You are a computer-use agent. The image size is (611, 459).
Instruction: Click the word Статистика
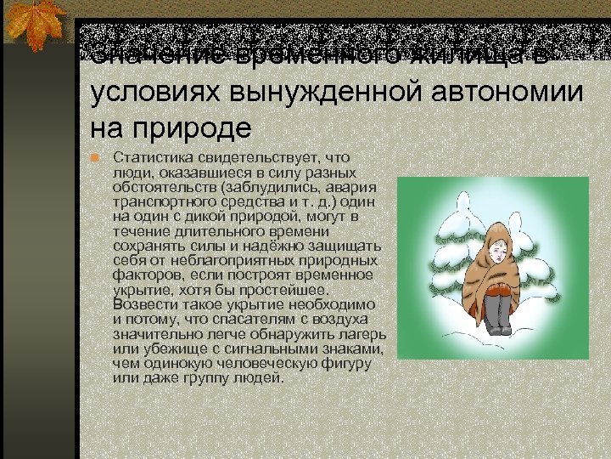[150, 157]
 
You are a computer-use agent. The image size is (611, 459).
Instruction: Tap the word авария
[351, 187]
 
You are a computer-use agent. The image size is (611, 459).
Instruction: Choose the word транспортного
[162, 201]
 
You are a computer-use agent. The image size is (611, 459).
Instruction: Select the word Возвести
[142, 303]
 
